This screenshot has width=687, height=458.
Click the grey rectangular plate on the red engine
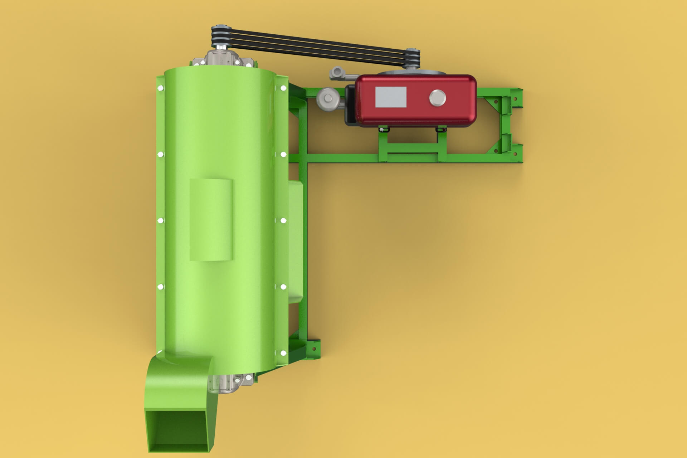click(391, 97)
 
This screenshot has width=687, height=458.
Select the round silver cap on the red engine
click(438, 98)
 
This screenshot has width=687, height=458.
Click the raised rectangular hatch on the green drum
click(211, 220)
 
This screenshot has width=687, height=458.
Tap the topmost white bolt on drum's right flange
click(283, 88)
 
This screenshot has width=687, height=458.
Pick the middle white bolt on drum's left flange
click(160, 220)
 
